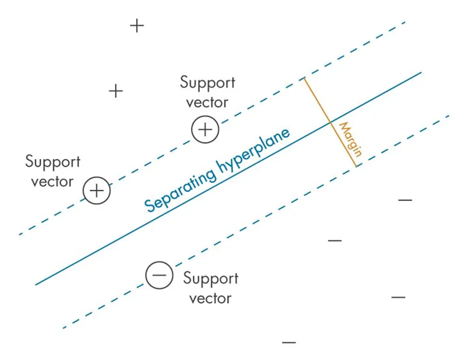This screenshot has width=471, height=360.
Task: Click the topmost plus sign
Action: [x=137, y=26]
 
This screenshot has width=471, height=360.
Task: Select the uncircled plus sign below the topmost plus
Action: [x=116, y=91]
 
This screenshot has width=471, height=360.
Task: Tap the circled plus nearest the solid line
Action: [x=205, y=130]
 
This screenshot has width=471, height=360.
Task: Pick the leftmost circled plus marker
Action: [x=97, y=191]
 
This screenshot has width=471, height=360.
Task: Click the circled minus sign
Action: [x=159, y=275]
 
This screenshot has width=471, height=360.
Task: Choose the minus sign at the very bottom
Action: [x=289, y=342]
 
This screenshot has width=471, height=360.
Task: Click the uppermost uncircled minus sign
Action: [x=405, y=200]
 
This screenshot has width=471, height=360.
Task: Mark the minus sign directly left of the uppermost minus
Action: [x=335, y=241]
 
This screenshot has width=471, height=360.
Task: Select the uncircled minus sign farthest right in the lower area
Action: [x=398, y=297]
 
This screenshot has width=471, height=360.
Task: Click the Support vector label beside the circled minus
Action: [x=210, y=288]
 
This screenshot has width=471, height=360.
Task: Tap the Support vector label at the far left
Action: [x=53, y=171]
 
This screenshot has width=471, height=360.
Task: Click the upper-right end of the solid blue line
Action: [x=421, y=72]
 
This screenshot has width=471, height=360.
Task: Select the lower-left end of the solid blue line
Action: [x=36, y=285]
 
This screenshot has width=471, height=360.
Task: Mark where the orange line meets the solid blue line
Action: [x=330, y=122]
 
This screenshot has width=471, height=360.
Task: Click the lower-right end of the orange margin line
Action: [x=356, y=166]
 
